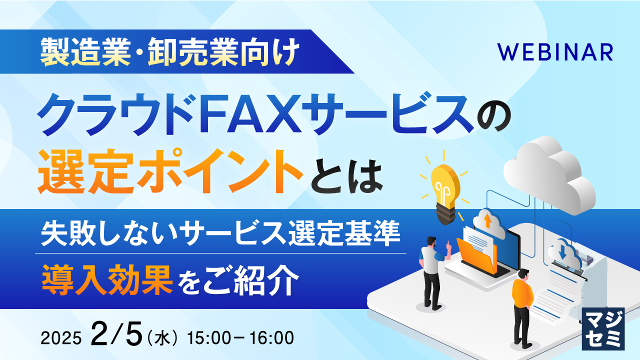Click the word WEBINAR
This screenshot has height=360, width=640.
[x=555, y=52]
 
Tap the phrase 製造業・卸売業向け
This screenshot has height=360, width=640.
[x=170, y=51]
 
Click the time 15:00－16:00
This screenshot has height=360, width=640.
[x=240, y=338]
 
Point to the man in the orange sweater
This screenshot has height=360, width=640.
[x=522, y=305]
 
